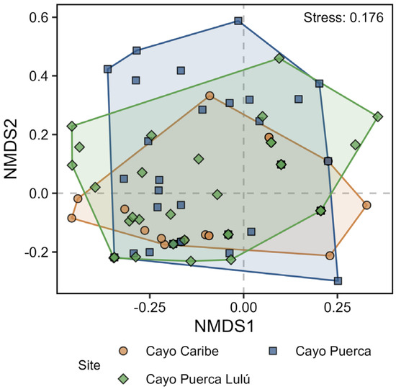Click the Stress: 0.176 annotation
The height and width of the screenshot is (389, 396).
click(x=343, y=18)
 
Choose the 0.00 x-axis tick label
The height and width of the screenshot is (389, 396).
click(x=243, y=307)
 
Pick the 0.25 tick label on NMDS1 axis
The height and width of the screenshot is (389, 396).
click(x=338, y=307)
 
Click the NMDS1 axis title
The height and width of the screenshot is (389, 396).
click(x=224, y=326)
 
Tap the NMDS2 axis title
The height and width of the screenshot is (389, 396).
click(x=11, y=149)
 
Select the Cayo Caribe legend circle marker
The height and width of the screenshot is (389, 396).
click(x=124, y=351)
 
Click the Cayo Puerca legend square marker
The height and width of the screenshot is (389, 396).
click(x=273, y=351)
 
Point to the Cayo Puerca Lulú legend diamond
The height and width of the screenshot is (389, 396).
click(x=124, y=379)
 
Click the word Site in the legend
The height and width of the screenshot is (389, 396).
click(x=89, y=365)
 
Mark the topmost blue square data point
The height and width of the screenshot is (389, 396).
click(x=238, y=21)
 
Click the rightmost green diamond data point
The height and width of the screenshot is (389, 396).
click(x=378, y=116)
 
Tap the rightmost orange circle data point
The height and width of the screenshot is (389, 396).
click(x=366, y=205)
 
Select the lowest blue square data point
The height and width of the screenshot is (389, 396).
click(x=338, y=280)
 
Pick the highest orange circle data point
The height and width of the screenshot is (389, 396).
click(x=210, y=96)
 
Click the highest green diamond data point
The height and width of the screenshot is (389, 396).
click(x=279, y=58)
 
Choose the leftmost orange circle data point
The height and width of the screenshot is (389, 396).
click(x=72, y=218)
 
